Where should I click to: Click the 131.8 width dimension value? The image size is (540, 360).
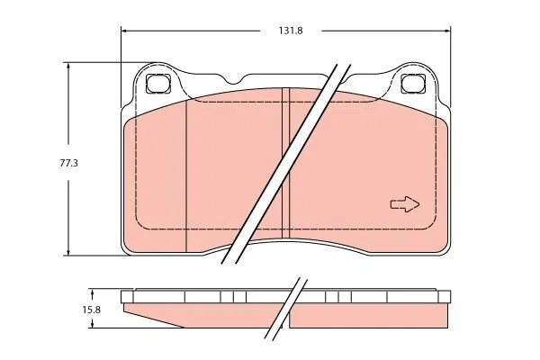click(291, 31)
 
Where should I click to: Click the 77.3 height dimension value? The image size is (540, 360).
click(69, 163)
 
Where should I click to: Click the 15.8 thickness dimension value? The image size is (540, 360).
click(91, 310)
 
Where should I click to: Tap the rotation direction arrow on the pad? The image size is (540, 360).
click(405, 204)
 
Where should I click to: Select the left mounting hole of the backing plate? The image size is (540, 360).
click(158, 83)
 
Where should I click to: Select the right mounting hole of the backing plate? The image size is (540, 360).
click(413, 83)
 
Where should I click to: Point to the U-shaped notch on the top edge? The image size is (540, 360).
click(235, 80)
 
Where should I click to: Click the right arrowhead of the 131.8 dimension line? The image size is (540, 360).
click(446, 31)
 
